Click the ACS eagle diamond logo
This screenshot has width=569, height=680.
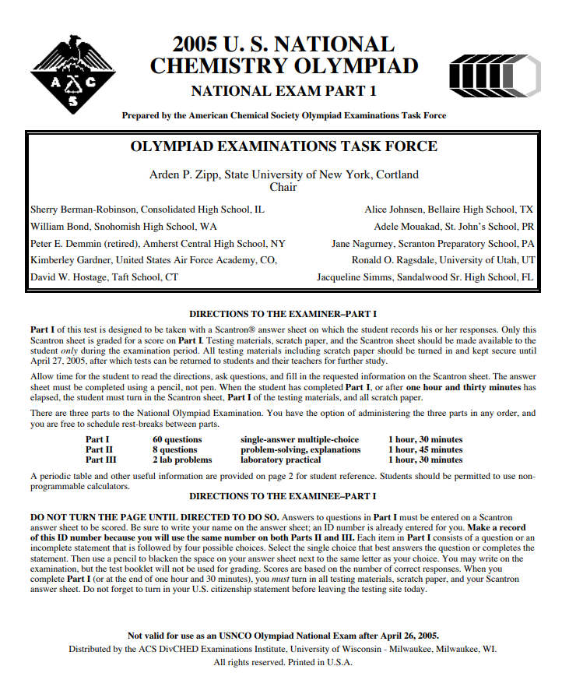72,76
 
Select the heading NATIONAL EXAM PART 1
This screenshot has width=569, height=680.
283,90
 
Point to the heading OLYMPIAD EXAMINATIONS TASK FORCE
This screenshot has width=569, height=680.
283,146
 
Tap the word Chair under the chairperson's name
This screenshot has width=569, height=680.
283,187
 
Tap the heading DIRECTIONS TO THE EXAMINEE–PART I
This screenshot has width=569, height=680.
283,496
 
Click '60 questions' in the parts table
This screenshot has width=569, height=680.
177,440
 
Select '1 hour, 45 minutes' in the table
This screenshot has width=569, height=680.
425,449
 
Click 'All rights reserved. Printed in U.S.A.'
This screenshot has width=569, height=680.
283,662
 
